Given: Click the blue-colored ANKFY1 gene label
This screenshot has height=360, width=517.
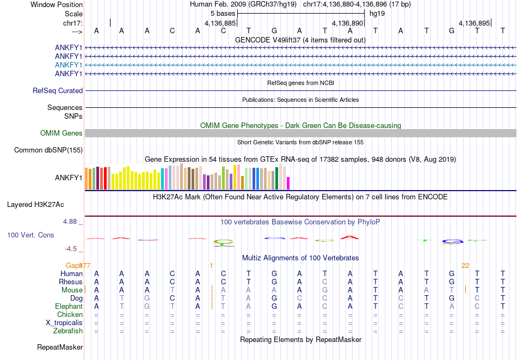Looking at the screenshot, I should [x=69, y=65].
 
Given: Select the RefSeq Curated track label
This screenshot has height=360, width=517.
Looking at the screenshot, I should [x=58, y=91].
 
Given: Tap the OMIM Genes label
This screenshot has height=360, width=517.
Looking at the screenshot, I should [x=61, y=133].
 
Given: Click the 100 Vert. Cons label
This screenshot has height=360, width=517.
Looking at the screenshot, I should [x=30, y=235].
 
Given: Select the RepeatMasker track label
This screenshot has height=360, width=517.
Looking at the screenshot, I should [x=60, y=347].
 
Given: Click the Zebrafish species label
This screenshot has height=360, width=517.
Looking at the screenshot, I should [x=68, y=331].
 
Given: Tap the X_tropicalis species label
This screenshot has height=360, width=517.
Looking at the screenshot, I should [x=64, y=322].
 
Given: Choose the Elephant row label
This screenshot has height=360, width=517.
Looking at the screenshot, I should [x=69, y=307].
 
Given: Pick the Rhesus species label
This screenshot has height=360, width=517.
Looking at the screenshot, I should [x=71, y=282].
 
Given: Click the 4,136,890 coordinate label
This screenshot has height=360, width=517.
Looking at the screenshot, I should [x=347, y=23].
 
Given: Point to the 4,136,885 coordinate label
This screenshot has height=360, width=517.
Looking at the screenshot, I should [x=220, y=23].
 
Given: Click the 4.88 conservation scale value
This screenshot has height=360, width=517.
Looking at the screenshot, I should [x=71, y=222].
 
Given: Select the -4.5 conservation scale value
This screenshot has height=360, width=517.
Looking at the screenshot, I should [x=71, y=249].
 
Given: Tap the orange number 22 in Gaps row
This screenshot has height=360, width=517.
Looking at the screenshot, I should [x=465, y=266].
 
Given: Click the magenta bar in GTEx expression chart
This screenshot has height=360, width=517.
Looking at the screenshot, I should [x=288, y=183].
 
